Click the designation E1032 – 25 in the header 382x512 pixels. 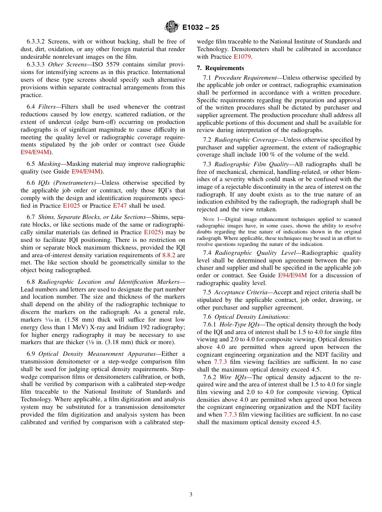(x=201, y=28)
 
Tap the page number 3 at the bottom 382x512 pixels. (x=191, y=494)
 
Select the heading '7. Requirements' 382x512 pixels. (x=220, y=68)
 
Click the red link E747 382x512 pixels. (x=119, y=206)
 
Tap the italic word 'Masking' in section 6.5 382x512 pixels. (x=50, y=164)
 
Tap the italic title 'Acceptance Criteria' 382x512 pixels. (x=240, y=292)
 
